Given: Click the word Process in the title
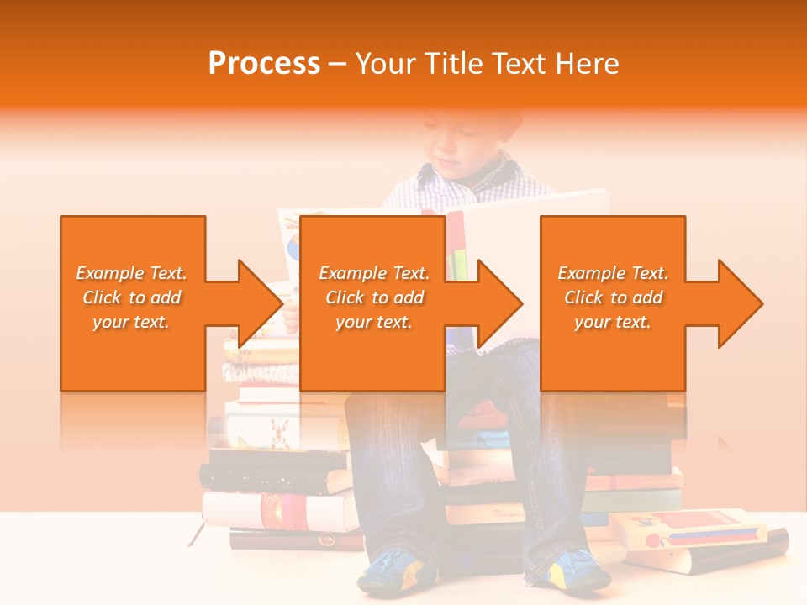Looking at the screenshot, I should [x=264, y=64].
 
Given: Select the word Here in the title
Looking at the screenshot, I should [x=589, y=64].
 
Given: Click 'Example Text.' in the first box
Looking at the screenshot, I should [x=131, y=273].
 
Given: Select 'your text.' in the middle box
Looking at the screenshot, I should [x=373, y=322].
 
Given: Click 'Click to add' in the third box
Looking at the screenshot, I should [x=613, y=297].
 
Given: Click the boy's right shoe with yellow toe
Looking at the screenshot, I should [x=580, y=571].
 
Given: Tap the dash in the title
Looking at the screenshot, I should [x=338, y=64].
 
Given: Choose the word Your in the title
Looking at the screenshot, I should [x=384, y=64].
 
